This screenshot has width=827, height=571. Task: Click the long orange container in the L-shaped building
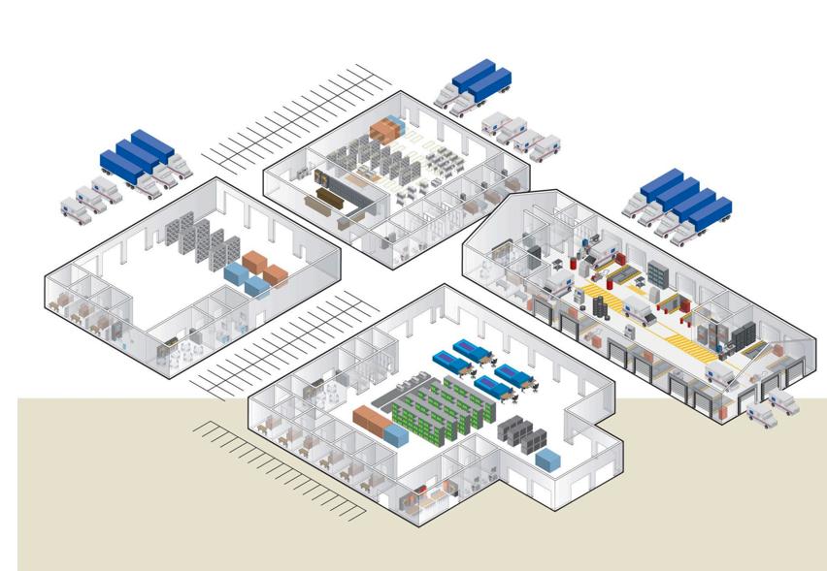click(x=371, y=421)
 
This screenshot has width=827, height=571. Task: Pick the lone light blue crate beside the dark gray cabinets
click(x=548, y=459)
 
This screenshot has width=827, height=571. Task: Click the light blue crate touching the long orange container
click(x=396, y=434)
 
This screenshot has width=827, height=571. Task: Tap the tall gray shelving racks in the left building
click(x=201, y=237)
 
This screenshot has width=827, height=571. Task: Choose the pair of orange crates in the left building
click(x=265, y=268)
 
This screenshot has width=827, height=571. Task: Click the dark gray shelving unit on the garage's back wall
click(x=658, y=274)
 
